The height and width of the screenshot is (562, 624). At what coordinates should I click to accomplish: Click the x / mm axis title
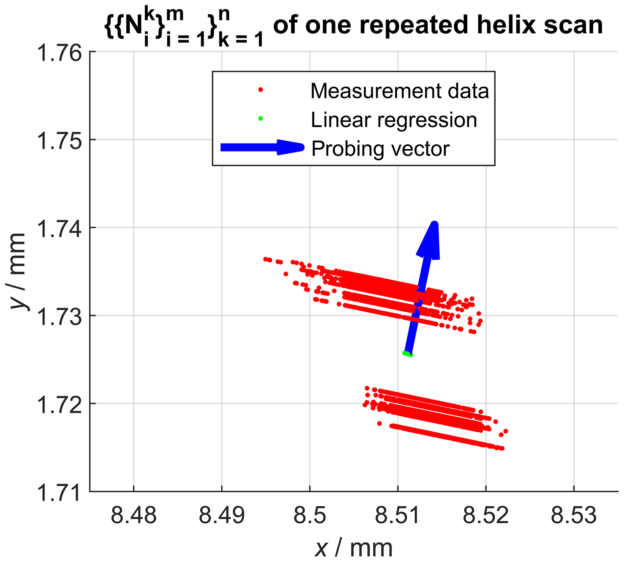point(354,548)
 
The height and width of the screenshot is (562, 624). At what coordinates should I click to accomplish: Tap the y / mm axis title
point(18,271)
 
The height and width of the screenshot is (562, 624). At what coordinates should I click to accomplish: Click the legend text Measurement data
point(400,91)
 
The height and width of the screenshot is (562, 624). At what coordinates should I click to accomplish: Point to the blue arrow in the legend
point(262,147)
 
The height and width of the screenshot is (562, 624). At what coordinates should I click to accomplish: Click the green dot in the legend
point(261,118)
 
